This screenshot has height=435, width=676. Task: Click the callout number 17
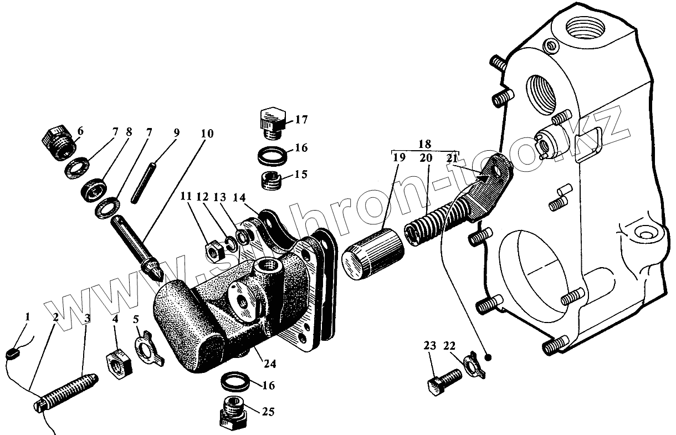click(301, 120)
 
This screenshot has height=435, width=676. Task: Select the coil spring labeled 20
click(427, 225)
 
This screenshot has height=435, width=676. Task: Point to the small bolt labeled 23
click(444, 382)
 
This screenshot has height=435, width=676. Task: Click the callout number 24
click(270, 364)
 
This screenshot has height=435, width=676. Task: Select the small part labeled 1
click(13, 351)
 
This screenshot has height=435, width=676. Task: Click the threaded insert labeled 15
click(272, 181)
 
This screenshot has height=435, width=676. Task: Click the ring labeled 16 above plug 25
click(234, 382)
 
